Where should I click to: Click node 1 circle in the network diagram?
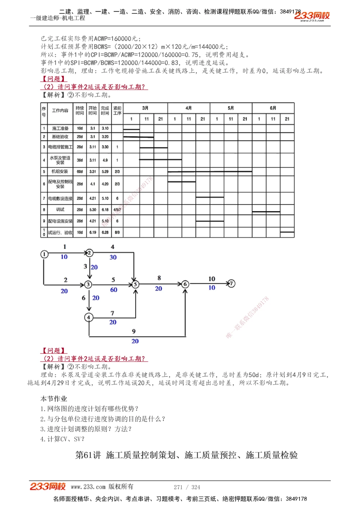pos(44,254)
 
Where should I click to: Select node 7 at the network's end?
pos(231,283)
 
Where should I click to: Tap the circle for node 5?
pos(135,284)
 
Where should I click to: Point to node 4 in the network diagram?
pos(89,317)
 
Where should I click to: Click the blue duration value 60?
pos(114,290)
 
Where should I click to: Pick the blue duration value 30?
pos(113,257)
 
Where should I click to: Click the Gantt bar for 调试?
pos(266,212)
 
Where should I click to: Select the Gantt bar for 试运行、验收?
pos(287,232)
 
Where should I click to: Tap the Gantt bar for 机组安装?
pos(210,172)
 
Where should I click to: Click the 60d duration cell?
pos(80,172)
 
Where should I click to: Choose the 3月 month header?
pos(145,108)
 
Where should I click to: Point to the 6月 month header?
pos(273,108)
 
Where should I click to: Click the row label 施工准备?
pos(60,128)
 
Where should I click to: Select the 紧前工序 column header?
pos(117,110)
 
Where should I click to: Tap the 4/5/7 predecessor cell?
pos(117,209)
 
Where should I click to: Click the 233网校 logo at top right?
pos(312,16)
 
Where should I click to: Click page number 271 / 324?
pos(187,487)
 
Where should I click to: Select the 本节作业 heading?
pos(54,399)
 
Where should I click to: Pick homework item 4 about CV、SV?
pos(62,439)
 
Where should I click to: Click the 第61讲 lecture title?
pos(186,455)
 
